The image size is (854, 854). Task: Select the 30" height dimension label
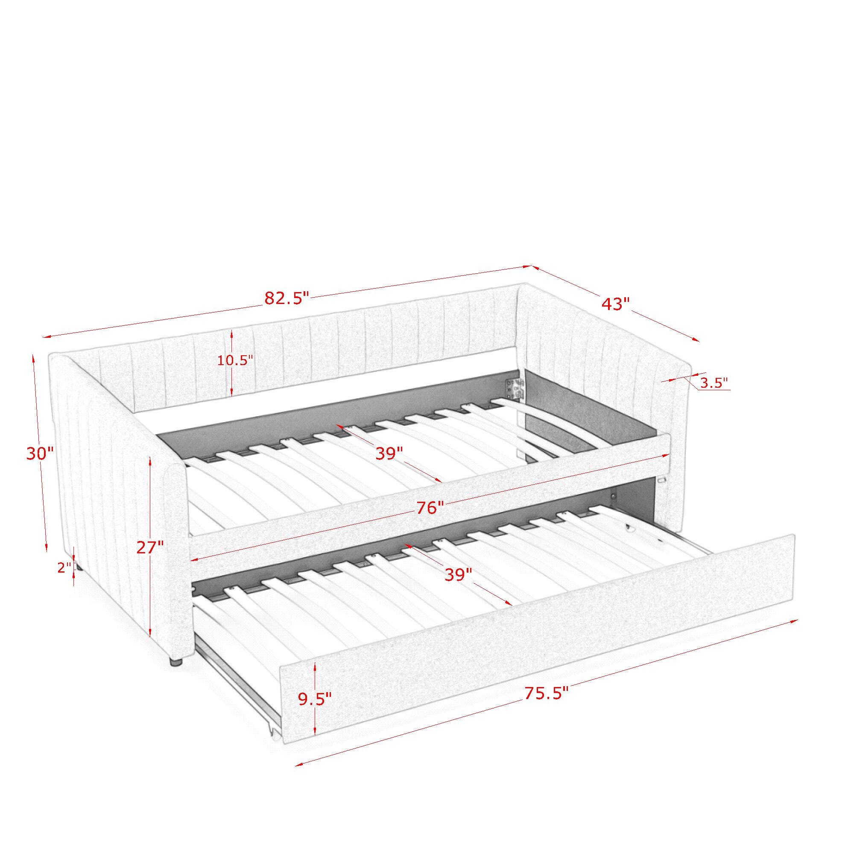point(40,453)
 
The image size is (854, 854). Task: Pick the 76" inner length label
point(430,507)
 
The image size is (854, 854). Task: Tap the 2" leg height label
point(64,567)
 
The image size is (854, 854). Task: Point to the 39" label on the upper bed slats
point(389,453)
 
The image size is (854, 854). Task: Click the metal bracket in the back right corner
point(514,389)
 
